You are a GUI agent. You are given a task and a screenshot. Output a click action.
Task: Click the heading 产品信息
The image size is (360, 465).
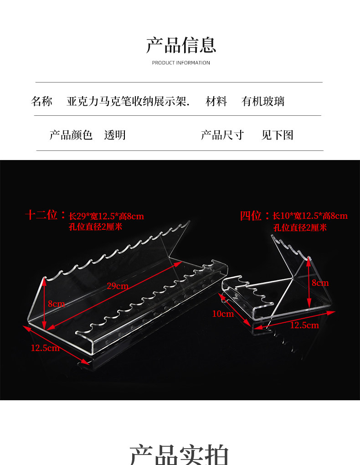(x=181, y=45)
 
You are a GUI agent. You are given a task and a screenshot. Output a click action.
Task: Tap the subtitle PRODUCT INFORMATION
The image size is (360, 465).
(x=181, y=63)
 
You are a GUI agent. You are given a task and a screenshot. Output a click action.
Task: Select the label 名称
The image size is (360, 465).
(x=41, y=101)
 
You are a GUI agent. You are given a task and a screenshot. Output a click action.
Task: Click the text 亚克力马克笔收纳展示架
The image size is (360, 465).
(x=128, y=101)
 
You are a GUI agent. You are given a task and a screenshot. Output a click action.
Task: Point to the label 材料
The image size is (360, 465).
(x=216, y=101)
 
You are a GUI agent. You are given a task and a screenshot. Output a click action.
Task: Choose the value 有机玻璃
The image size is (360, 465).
(x=263, y=101)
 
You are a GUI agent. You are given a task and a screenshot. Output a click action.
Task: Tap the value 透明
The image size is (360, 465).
(x=115, y=135)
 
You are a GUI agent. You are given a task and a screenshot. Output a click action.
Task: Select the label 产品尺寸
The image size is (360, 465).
(x=222, y=135)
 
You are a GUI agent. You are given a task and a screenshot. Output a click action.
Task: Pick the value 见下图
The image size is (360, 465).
(x=278, y=135)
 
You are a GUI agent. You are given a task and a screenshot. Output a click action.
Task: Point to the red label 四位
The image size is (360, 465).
(x=251, y=215)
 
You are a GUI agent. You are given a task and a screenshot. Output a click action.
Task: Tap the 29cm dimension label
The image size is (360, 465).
(x=118, y=286)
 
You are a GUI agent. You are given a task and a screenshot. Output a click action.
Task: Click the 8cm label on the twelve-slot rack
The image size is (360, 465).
(x=57, y=304)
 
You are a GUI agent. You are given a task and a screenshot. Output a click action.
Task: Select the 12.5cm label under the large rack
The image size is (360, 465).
(x=45, y=348)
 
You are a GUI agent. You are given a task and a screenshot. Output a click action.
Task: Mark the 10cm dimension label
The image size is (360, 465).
(x=222, y=314)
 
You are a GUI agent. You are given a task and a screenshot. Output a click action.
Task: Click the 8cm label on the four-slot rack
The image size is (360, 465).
(x=320, y=283)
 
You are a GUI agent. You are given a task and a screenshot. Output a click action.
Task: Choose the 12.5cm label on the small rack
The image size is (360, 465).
(x=304, y=325)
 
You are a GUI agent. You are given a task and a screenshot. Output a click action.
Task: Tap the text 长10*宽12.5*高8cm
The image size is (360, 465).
(x=310, y=216)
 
